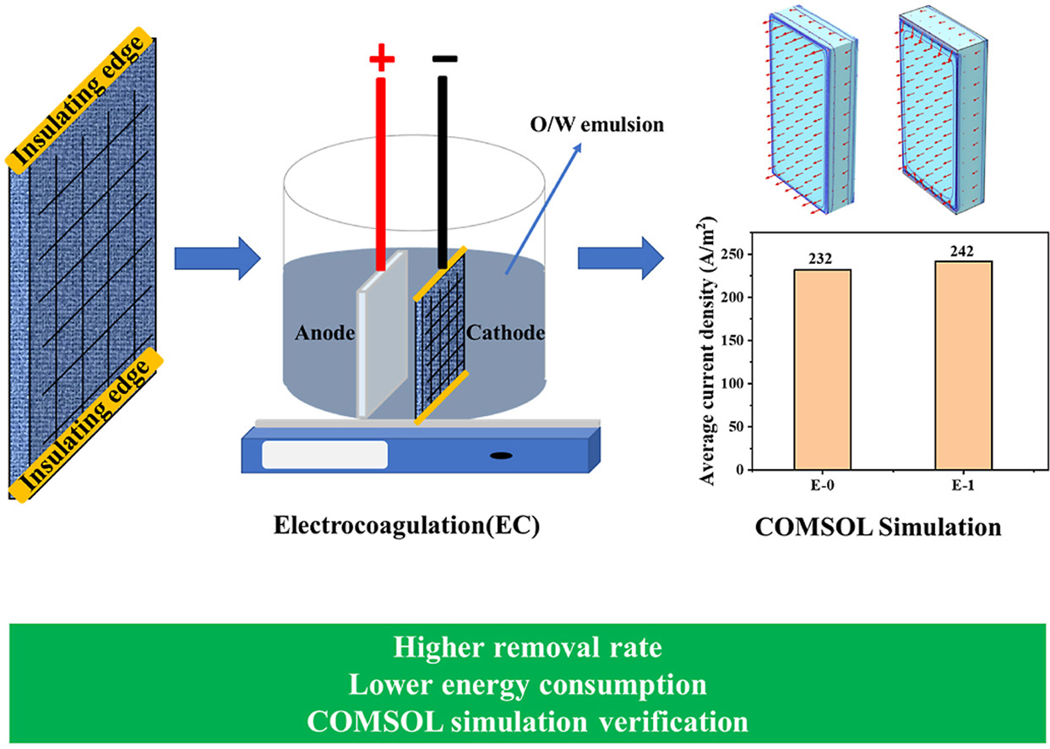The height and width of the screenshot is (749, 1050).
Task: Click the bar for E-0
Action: [x=822, y=369]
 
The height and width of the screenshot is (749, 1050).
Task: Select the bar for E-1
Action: [x=963, y=365]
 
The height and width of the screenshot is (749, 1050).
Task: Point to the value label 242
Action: [x=963, y=251]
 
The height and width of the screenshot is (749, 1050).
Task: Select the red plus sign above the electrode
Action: [x=382, y=60]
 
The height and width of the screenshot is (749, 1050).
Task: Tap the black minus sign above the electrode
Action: [x=444, y=59]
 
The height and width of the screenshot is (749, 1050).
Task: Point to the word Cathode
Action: [x=505, y=333]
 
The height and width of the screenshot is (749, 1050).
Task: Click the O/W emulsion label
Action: [x=621, y=125]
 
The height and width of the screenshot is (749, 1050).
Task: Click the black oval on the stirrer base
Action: [x=500, y=457]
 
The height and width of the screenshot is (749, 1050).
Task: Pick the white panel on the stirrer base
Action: [x=324, y=454]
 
